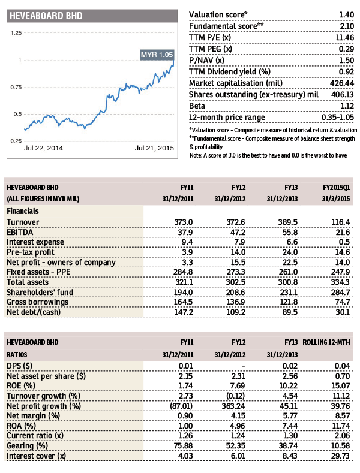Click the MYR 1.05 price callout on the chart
click(x=157, y=55)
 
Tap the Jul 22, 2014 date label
click(x=44, y=147)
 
